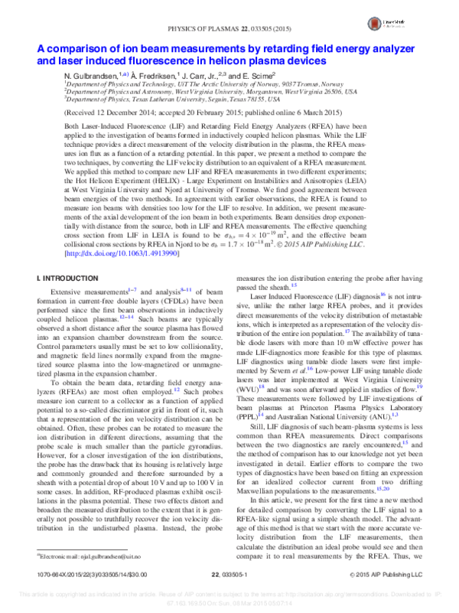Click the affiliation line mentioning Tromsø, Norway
[x=206, y=86]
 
